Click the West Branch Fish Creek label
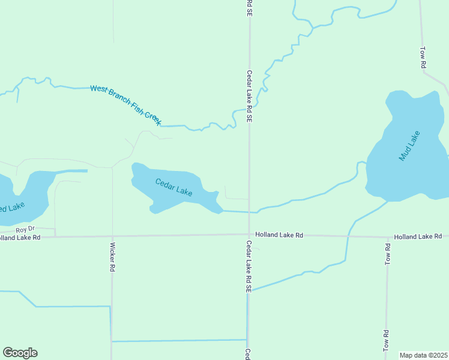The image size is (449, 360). click(125, 105)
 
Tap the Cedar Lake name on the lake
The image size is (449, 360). click(173, 188)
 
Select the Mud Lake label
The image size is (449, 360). click(410, 146)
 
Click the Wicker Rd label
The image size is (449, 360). click(112, 257)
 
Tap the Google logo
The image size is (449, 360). click(20, 353)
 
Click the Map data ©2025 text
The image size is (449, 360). click(423, 355)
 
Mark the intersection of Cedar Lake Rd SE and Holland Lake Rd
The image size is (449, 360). click(249, 235)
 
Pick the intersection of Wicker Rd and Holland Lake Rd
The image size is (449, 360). click(112, 236)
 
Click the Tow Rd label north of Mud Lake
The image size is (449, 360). click(423, 57)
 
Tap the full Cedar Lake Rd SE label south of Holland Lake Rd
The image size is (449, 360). click(249, 266)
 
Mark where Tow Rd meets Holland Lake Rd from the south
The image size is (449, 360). click(387, 237)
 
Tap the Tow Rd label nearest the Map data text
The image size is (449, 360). click(385, 341)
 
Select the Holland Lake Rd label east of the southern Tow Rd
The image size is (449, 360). click(418, 236)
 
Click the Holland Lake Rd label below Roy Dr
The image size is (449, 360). click(20, 238)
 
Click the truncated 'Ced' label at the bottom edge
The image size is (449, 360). click(247, 354)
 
